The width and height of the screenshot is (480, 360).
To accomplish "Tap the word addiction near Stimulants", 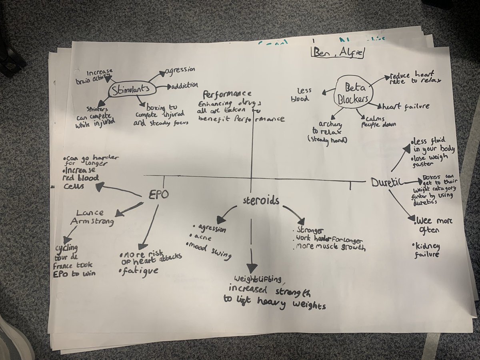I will (184, 86).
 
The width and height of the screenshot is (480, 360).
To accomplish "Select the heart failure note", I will (400, 107).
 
